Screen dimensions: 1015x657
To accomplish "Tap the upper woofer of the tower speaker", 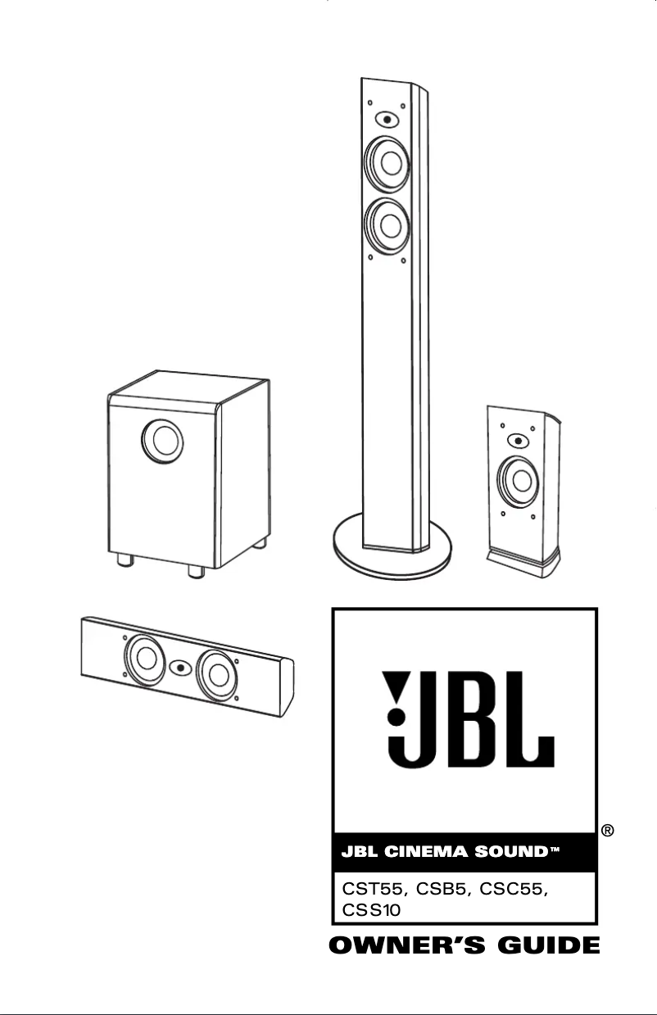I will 388,160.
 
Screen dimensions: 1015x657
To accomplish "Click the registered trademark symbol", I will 609,831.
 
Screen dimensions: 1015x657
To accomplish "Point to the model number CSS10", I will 368,910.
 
